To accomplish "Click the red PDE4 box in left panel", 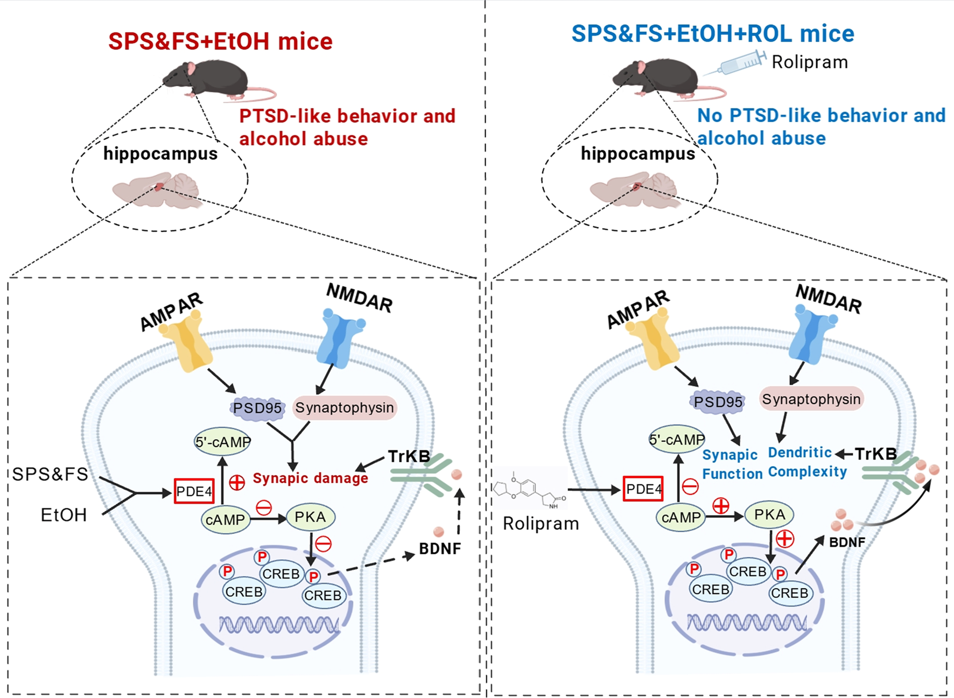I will click(194, 491).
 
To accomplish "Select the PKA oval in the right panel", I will click(769, 515).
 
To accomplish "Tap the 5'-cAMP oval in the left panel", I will click(222, 442).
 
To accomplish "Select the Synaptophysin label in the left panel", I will click(345, 408).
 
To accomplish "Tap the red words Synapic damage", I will click(310, 478).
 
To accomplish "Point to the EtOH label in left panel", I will click(64, 515).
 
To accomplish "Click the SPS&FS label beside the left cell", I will click(50, 474).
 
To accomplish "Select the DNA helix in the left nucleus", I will click(278, 625).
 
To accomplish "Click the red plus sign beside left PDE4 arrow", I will click(237, 482).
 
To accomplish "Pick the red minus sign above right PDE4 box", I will click(690, 487).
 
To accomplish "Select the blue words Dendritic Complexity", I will click(807, 462).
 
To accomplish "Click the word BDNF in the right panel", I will click(847, 542).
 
